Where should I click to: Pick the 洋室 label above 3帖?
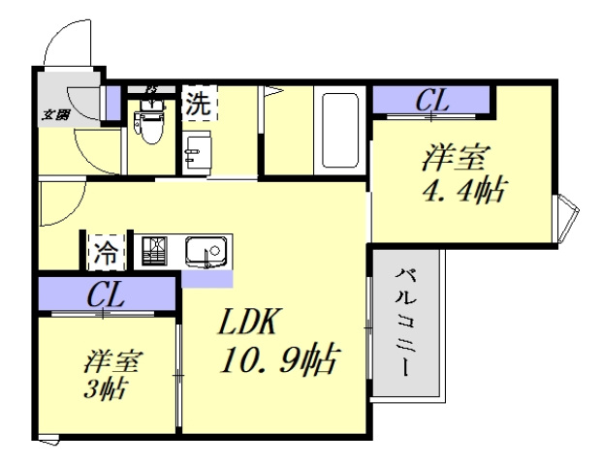pos(112,362)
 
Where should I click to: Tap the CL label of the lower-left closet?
pos(107,295)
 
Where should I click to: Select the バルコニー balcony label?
pos(404,325)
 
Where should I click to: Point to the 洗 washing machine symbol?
pos(198,106)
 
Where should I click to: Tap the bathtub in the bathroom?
pos(339,131)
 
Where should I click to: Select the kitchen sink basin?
pos(206,250)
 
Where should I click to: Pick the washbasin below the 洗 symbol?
pos(197,153)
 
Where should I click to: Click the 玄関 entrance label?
pos(54,114)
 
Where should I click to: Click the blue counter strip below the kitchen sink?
pos(207,278)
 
